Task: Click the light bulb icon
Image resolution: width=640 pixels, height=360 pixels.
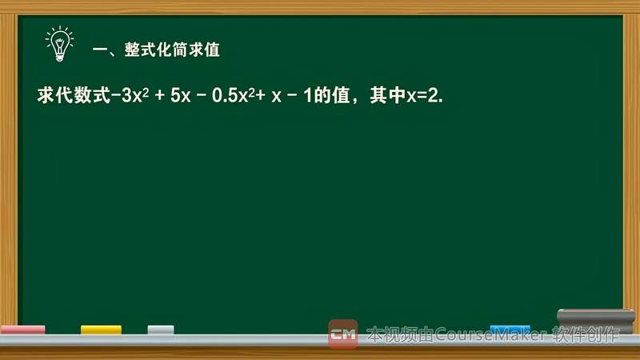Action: point(58,44)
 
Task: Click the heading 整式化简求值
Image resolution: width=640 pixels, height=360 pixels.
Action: point(172,50)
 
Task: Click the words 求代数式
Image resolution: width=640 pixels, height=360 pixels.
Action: point(73,95)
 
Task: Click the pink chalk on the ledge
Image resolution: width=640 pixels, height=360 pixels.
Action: point(22,330)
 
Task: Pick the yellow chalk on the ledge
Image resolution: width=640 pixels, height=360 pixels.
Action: point(101,330)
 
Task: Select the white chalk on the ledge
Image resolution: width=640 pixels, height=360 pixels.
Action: point(161,330)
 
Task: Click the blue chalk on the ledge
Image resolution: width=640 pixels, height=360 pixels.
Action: point(510,329)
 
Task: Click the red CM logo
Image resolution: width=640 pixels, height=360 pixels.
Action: point(343,334)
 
